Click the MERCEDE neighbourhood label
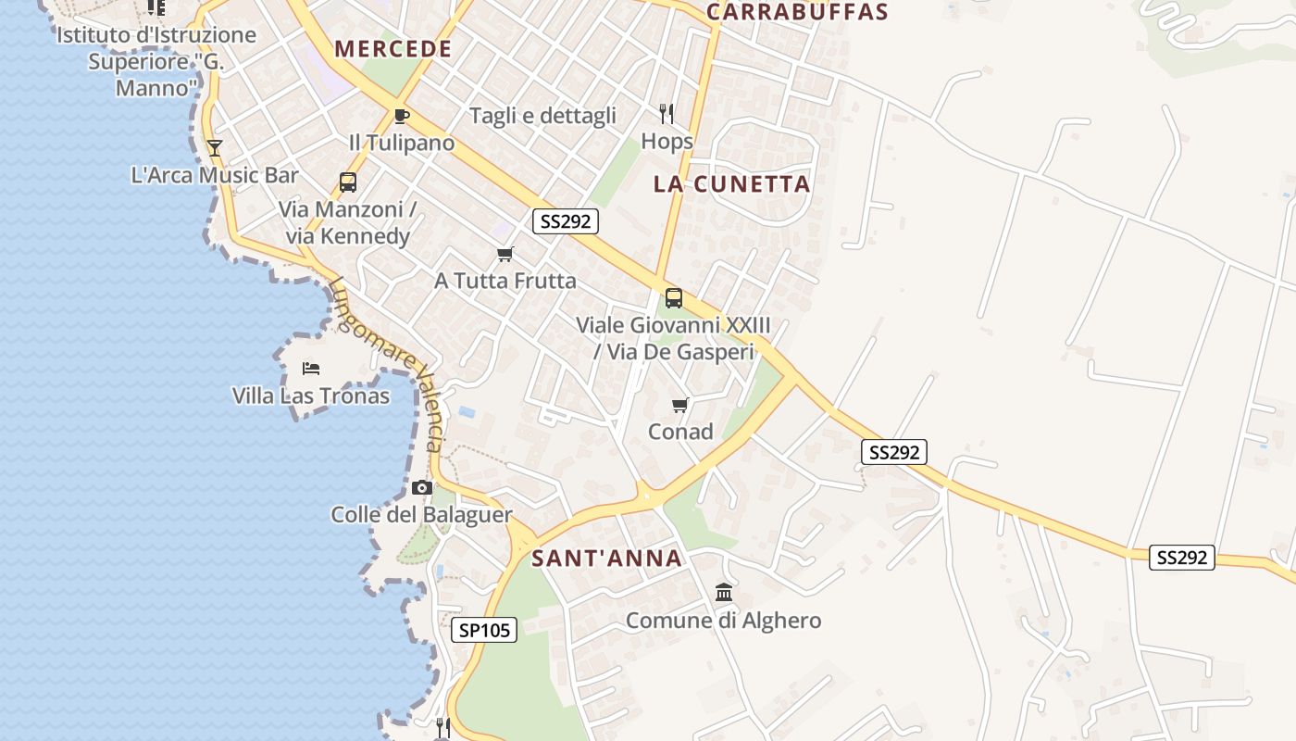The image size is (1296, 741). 393,49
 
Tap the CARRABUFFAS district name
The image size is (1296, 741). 797,12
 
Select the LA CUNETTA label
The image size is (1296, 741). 731,183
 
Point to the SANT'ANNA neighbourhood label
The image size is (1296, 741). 607,559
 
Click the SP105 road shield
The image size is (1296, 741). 484,631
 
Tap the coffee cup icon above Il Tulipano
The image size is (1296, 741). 401,116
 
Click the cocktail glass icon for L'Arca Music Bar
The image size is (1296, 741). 215,147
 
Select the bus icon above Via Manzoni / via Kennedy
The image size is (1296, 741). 348,182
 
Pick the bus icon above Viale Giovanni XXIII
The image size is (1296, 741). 674,298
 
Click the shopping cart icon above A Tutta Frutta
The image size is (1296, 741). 505,254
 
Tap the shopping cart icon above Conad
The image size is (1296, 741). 680,405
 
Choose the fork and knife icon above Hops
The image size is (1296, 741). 667,114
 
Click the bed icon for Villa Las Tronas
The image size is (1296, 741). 311,369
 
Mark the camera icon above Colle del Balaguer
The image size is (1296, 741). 422,487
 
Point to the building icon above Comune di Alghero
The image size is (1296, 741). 724,592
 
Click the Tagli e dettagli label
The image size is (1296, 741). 542,116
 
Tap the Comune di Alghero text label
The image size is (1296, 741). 723,620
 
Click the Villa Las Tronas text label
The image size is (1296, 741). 310,396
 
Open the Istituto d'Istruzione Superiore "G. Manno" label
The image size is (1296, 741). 156,61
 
